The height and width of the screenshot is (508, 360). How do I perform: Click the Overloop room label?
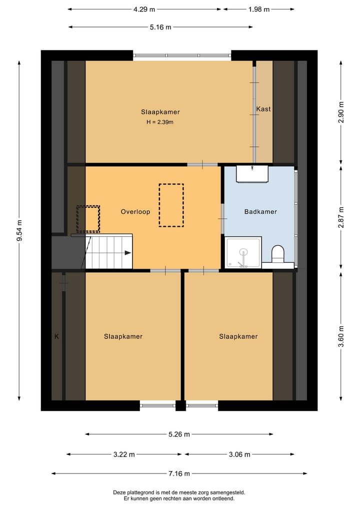coord(135,212)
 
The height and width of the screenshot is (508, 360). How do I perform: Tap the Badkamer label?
coord(260,212)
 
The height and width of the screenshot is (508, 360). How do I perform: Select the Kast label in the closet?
coord(263,109)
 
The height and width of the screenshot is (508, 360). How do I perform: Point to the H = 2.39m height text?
coord(160,122)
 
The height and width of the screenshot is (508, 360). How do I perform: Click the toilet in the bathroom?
coord(277,253)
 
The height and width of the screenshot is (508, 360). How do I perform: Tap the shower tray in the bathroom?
coord(243,253)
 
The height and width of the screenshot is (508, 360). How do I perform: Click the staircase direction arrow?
coord(127,253)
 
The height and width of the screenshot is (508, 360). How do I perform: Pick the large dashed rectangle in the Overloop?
coord(171,205)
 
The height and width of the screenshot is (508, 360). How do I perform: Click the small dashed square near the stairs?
coord(88,219)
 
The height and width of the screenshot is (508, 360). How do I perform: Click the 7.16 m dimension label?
coord(179,474)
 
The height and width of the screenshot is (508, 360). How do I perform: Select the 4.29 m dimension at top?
coord(144,9)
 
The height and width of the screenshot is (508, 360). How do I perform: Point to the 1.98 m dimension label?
coord(258,9)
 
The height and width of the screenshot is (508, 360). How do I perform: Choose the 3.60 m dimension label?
coord(341,336)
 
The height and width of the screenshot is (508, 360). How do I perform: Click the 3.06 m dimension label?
coord(239,455)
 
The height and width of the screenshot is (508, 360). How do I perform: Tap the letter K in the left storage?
coord(56,337)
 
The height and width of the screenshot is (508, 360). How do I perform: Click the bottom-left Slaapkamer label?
coord(123,337)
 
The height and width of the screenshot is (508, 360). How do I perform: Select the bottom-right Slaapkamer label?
coord(238,337)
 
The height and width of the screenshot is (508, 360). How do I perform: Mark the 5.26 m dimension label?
coord(179,435)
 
